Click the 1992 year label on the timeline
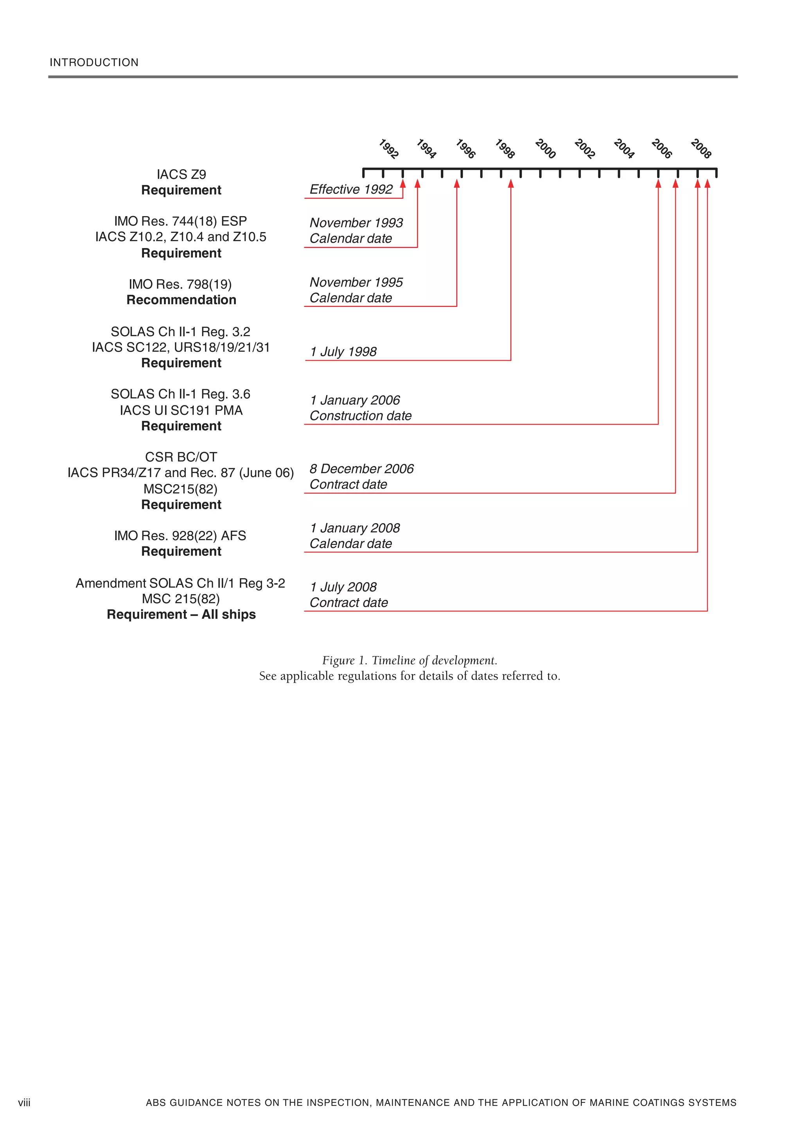[388, 149]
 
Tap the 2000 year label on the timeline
[545, 149]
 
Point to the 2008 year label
[701, 149]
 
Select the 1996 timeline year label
[465, 149]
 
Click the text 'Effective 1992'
[351, 190]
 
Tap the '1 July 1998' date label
[343, 352]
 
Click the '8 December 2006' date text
[361, 469]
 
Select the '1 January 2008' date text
[354, 528]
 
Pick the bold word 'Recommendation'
[181, 300]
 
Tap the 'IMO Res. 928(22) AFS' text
[180, 535]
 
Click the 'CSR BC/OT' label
[181, 457]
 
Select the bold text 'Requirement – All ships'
[181, 615]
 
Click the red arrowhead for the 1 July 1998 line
[511, 184]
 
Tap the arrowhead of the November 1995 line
[456, 184]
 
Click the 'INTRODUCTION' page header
[94, 63]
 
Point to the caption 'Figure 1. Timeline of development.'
[409, 660]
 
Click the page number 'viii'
[24, 1102]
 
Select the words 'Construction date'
[360, 416]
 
